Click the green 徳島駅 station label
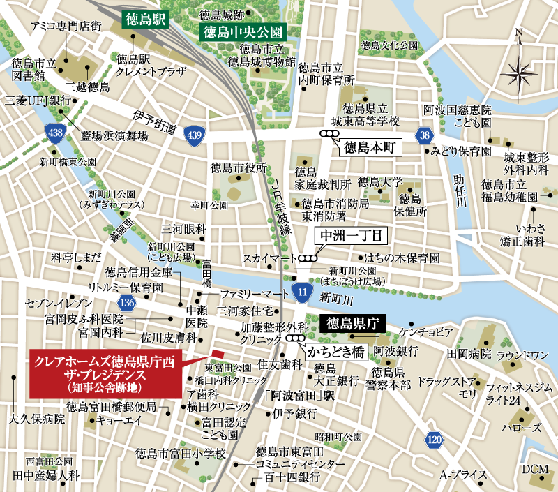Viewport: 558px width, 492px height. point(144,19)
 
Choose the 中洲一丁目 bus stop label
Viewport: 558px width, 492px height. point(347,236)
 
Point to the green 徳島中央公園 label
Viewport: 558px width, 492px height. point(241,32)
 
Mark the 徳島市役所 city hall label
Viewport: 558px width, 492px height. point(239,167)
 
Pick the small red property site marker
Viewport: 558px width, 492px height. point(217,354)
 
